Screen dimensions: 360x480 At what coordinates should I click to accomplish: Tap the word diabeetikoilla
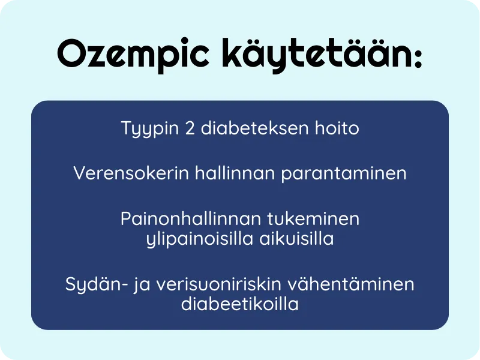pos(240,304)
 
